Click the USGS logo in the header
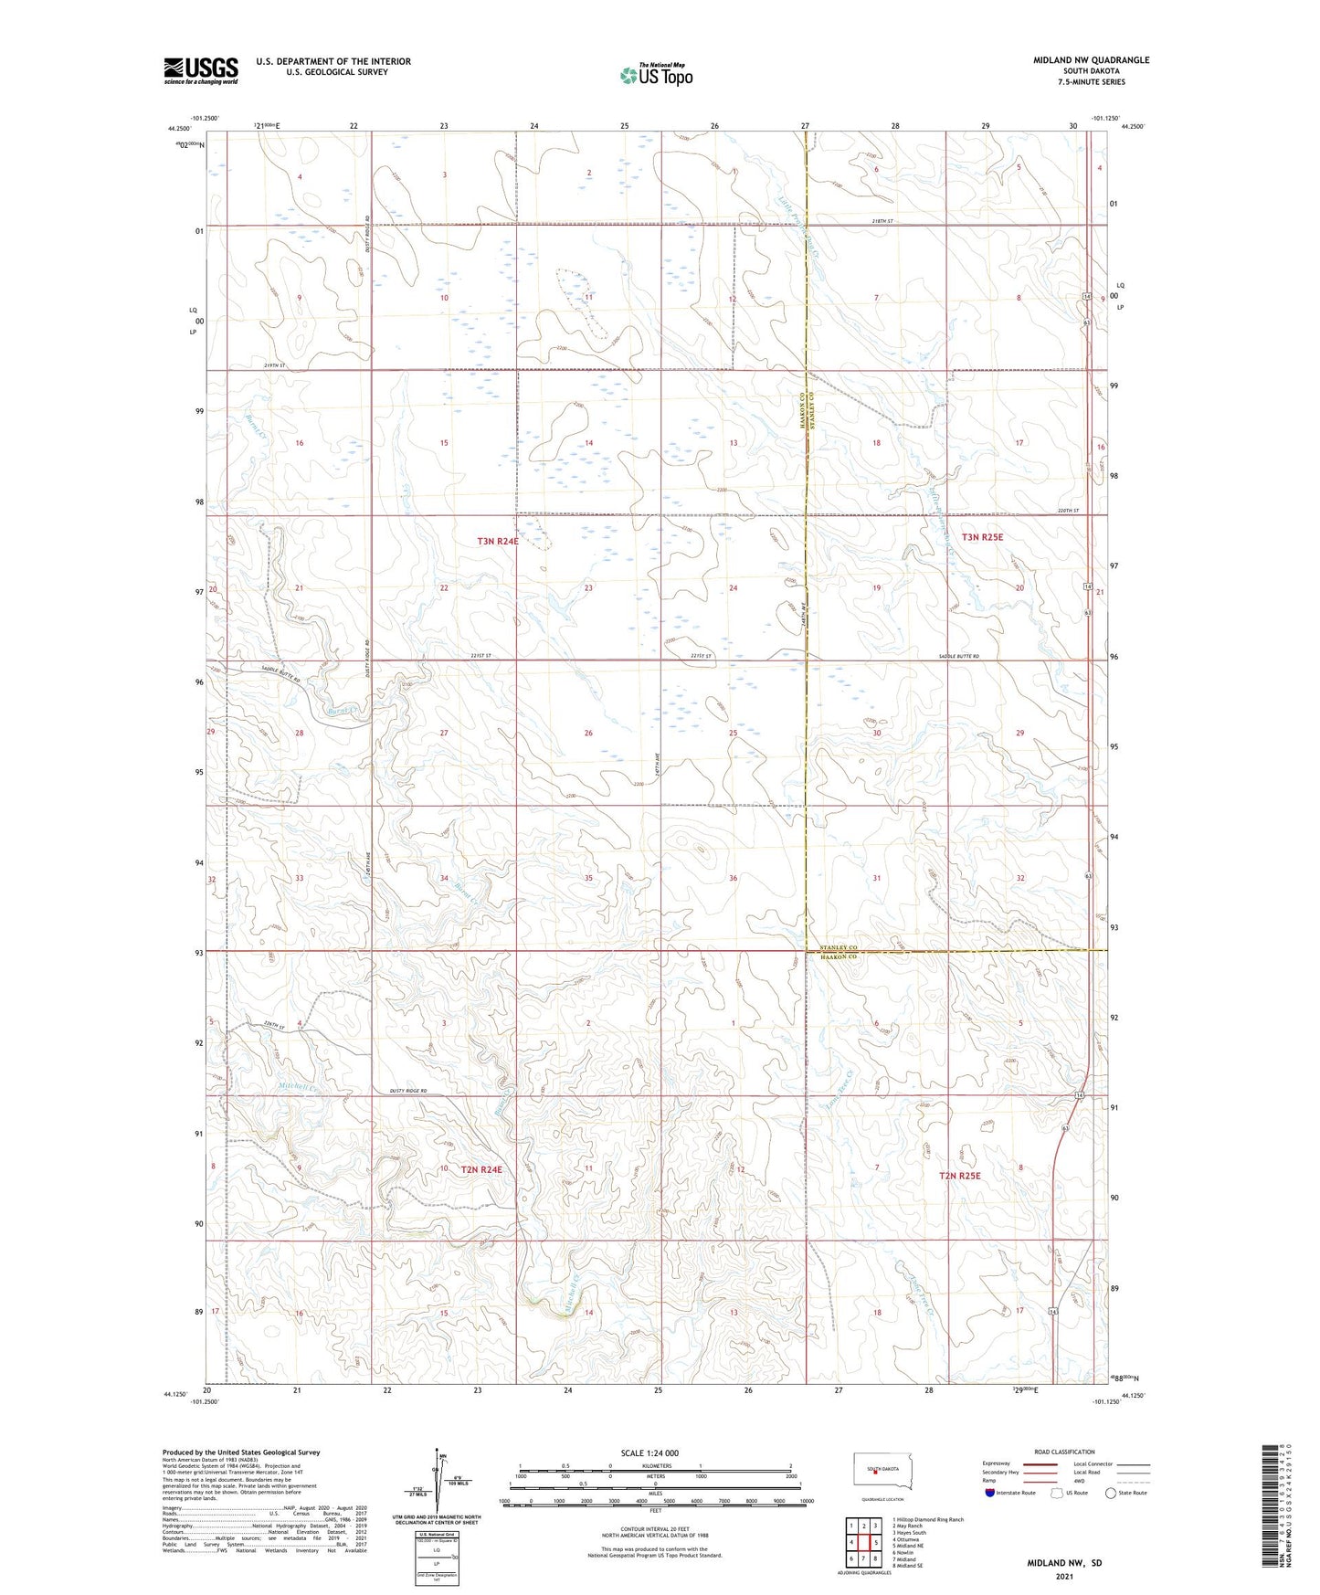[x=200, y=70]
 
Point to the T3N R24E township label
[x=498, y=541]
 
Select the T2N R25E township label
[x=959, y=1176]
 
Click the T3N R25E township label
[x=982, y=537]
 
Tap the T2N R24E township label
[x=481, y=1169]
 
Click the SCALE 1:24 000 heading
[x=649, y=1452]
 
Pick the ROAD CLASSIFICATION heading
[x=1063, y=1452]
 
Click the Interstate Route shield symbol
[x=990, y=1493]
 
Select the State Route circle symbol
[x=1110, y=1493]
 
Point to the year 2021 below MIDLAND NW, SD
[x=1064, y=1577]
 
